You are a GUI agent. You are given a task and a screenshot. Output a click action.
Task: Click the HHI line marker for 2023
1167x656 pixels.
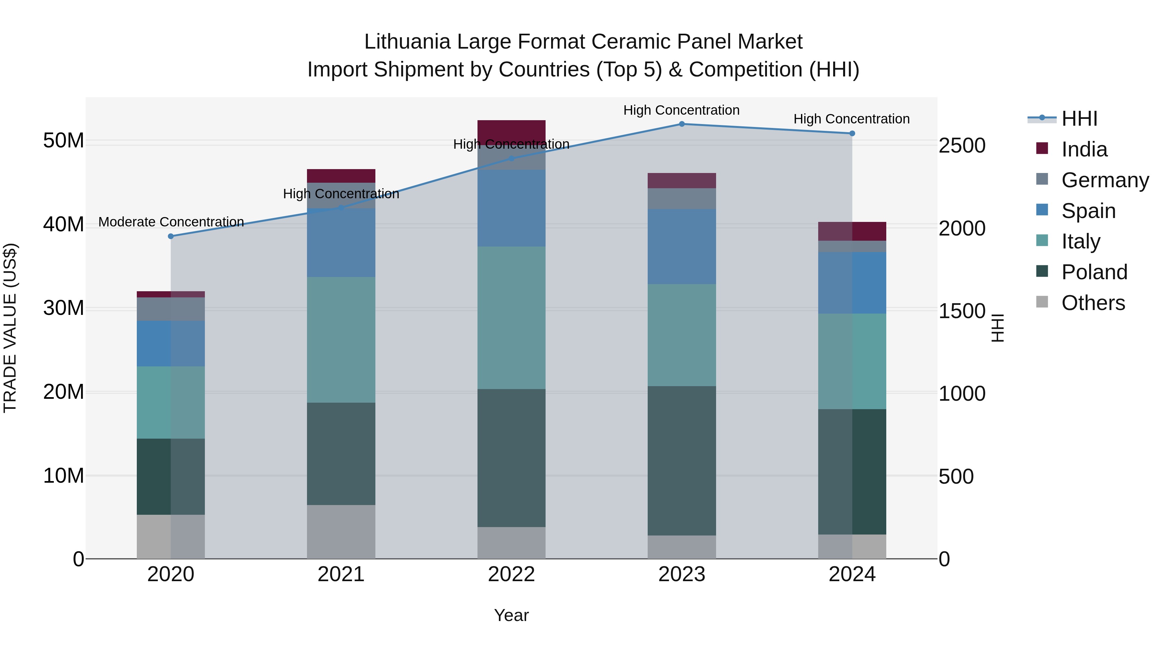click(681, 124)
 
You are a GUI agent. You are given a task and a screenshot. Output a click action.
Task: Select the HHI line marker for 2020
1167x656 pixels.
click(171, 236)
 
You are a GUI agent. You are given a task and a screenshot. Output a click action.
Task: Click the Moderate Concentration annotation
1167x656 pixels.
click(171, 222)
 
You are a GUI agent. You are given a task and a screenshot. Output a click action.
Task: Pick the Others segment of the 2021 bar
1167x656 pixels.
click(341, 532)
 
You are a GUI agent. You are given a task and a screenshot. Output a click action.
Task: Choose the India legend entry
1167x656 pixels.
click(1084, 149)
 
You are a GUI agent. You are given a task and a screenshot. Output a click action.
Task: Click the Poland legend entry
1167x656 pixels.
click(1094, 272)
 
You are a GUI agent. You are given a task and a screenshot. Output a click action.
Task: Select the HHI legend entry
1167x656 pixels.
click(1079, 119)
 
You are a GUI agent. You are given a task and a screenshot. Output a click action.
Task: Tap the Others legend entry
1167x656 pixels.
click(1093, 303)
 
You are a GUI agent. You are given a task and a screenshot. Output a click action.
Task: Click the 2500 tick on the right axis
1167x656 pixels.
click(961, 146)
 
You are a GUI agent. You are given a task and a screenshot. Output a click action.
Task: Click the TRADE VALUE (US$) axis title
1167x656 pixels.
click(10, 328)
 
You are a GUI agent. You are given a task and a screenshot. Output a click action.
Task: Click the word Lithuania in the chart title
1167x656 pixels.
click(407, 42)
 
